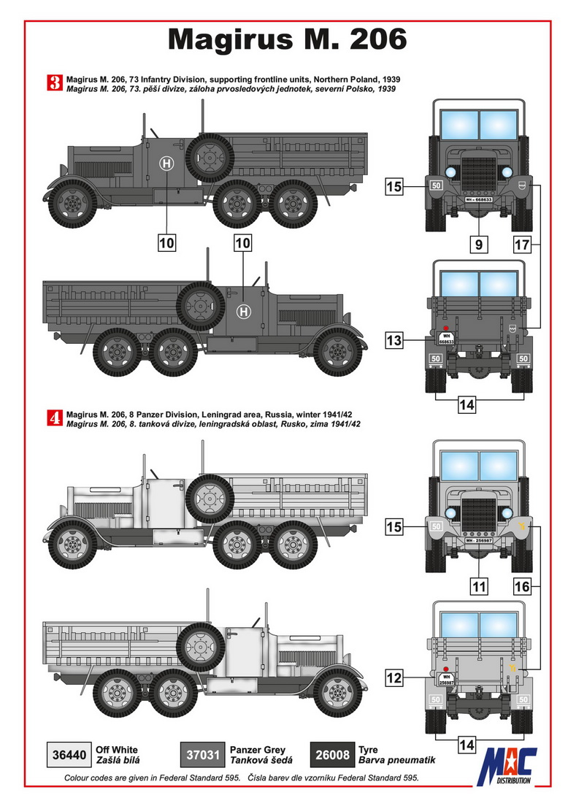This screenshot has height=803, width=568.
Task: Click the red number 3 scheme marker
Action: point(54,83)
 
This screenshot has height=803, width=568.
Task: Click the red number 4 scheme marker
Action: point(54,418)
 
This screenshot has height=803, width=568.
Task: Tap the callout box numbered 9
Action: point(479,245)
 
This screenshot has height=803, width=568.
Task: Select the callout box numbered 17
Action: point(522,245)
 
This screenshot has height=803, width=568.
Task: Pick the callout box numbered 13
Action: point(394,340)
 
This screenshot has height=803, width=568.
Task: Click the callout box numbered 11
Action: point(479,586)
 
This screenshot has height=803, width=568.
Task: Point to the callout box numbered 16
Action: point(522,586)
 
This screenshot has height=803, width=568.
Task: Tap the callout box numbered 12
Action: point(394,678)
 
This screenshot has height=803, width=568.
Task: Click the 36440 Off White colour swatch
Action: point(69,755)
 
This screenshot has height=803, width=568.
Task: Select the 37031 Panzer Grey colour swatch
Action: point(203,755)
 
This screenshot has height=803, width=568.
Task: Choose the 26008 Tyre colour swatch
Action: point(332,755)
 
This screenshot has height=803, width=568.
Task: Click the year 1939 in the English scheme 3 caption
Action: point(391,80)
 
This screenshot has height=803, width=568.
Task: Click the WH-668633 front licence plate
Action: point(478,199)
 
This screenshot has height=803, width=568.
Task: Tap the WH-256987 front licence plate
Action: point(478,540)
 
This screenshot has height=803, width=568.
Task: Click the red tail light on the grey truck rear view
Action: point(445,327)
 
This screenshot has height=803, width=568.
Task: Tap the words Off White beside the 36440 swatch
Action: point(117,750)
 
